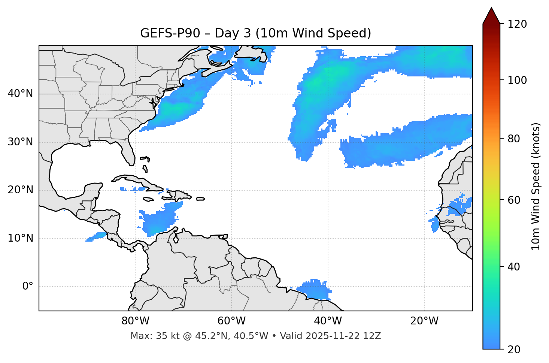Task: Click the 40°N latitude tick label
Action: [x=20, y=94]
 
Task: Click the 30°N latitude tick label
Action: [x=20, y=142]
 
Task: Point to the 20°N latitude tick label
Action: [x=20, y=190]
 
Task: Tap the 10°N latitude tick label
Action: [x=20, y=238]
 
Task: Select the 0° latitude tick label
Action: [x=27, y=287]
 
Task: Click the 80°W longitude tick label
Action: [x=135, y=321]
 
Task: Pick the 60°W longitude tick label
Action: [x=231, y=321]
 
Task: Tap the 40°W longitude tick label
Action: [x=328, y=321]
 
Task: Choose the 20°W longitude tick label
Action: [x=424, y=321]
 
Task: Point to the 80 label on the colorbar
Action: [x=516, y=139]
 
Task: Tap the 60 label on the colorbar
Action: [x=516, y=200]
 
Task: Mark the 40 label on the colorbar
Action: [x=516, y=267]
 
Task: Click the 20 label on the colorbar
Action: [x=516, y=350]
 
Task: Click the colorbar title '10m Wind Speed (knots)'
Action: [x=536, y=186]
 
